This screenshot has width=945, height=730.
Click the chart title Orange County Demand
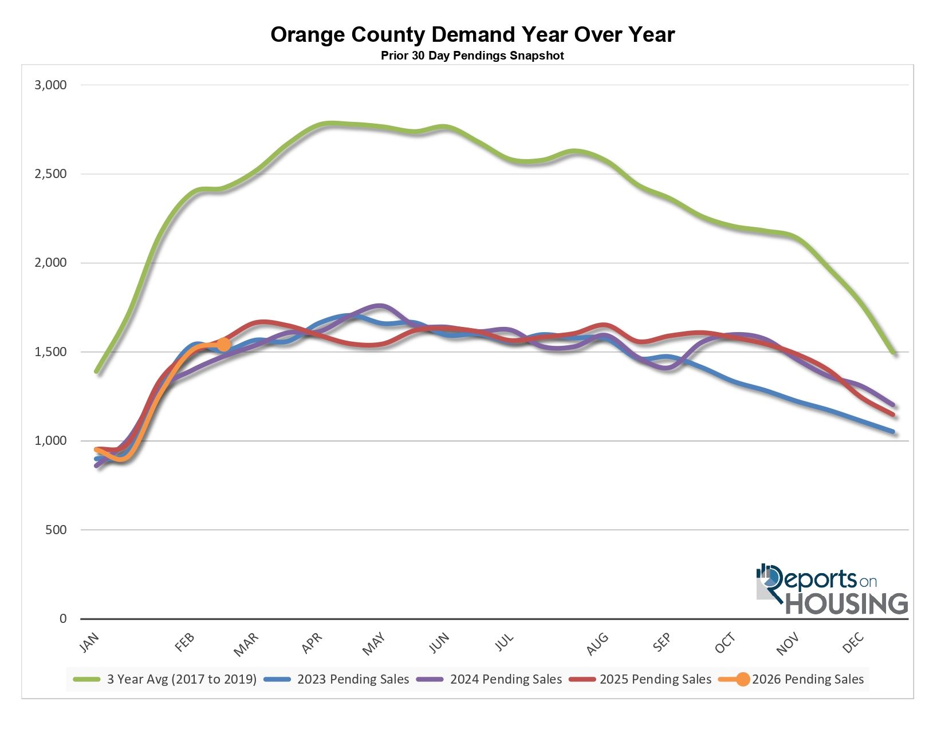tap(472, 35)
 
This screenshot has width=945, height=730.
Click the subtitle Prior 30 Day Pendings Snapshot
tap(472, 56)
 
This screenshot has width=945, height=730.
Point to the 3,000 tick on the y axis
tap(51, 85)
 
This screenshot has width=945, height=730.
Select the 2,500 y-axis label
tap(51, 174)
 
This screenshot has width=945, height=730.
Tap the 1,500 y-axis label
tap(51, 352)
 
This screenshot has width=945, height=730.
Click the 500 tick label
tap(56, 530)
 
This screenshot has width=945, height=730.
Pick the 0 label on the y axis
tap(63, 619)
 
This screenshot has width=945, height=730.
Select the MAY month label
tap(375, 644)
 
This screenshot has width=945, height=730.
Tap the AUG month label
tap(597, 644)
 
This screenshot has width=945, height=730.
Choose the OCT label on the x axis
tap(725, 644)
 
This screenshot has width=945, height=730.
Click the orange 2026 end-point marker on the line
tap(223, 344)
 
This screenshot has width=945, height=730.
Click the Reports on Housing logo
tap(832, 590)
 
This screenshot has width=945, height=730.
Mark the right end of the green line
tap(893, 353)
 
